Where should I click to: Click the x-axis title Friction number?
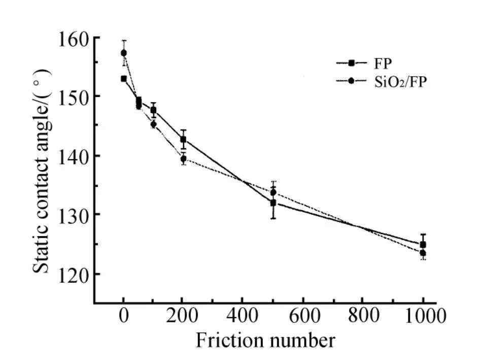coord(265,340)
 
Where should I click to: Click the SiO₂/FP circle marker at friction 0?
coord(123,53)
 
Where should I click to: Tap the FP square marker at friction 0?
coord(123,79)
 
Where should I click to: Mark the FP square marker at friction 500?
coord(273,203)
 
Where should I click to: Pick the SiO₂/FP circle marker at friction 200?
coord(183,159)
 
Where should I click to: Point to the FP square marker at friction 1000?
coord(423,245)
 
